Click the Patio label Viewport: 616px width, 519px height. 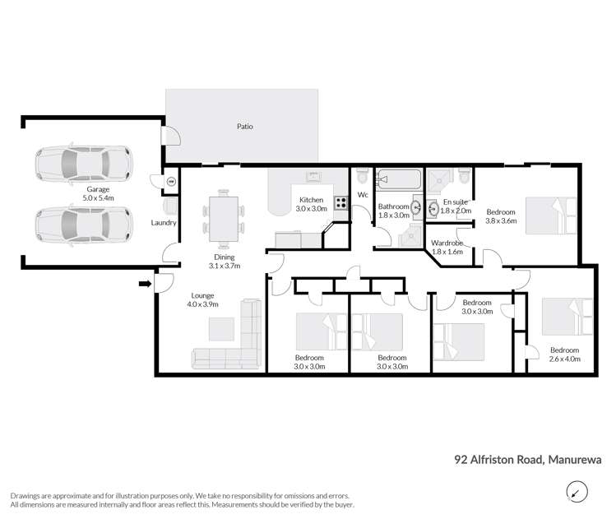point(244,127)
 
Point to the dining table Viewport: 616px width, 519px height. point(224,218)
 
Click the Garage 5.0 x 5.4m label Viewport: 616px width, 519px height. point(99,193)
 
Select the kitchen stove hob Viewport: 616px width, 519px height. point(340,201)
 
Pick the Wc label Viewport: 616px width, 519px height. point(362,195)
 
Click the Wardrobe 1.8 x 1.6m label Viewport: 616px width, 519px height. point(447,247)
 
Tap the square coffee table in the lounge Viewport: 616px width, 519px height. point(221,329)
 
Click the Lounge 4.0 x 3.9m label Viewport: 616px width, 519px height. point(201,300)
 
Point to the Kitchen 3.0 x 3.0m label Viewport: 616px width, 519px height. point(312,205)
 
